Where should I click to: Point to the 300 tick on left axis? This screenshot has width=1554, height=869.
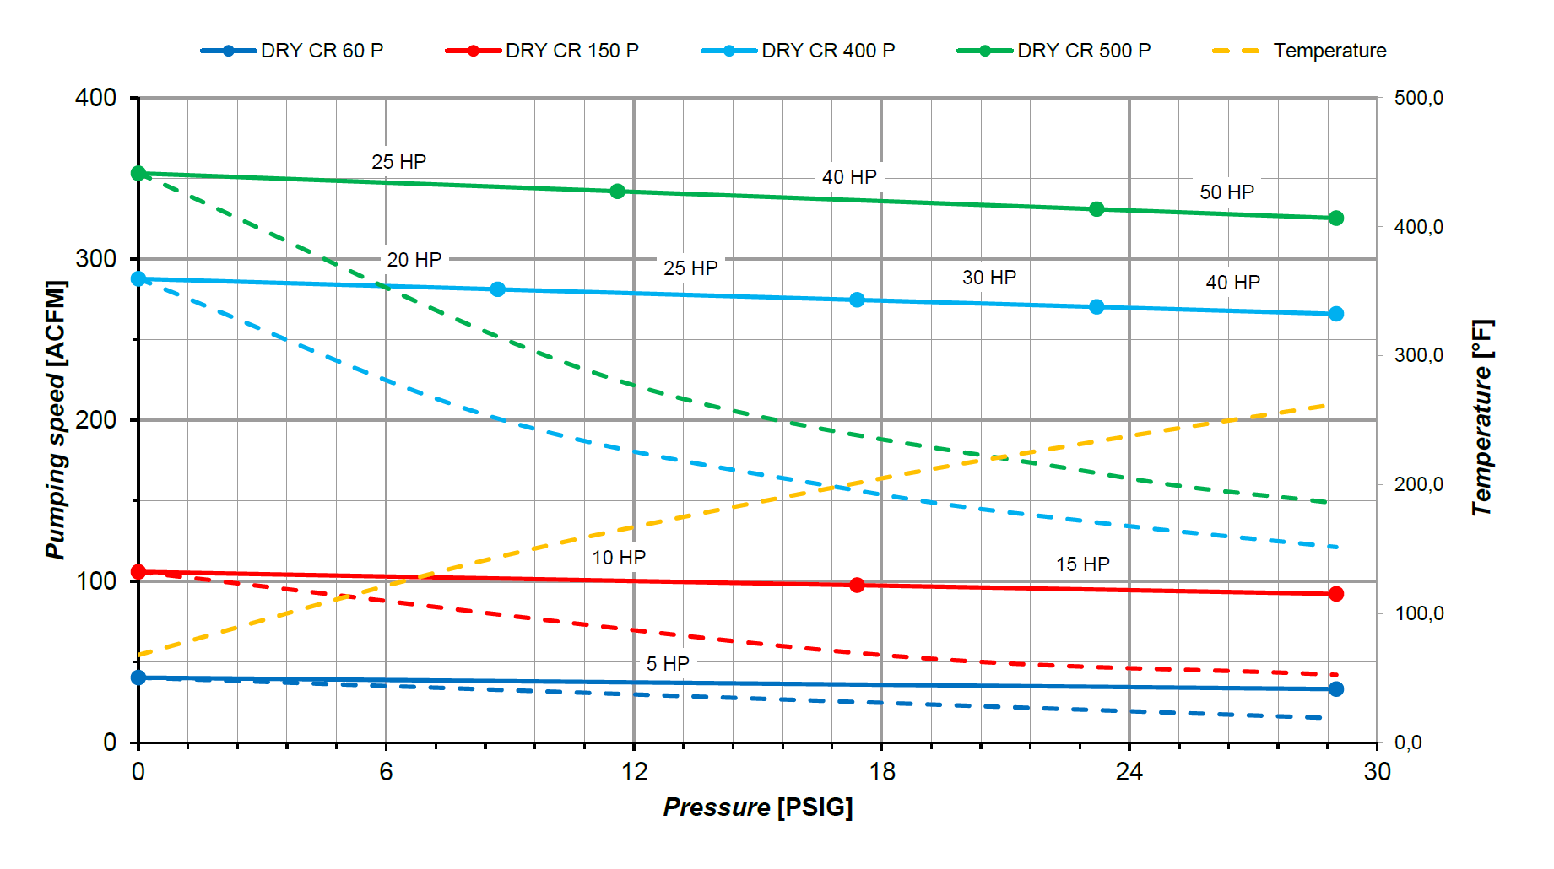(x=95, y=259)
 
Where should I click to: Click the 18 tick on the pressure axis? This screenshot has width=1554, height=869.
(x=881, y=771)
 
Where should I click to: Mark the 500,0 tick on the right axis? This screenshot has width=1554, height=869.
(x=1418, y=98)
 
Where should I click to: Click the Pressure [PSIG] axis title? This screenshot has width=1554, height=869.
(x=757, y=807)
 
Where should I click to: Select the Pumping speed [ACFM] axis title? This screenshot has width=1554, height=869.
(x=56, y=419)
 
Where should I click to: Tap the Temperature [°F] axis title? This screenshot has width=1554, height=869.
(x=1482, y=418)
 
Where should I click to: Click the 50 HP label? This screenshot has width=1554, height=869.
(x=1226, y=192)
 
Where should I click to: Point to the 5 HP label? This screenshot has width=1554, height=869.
(x=668, y=664)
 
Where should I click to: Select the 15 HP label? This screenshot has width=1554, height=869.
(x=1082, y=564)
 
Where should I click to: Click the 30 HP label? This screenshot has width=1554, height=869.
(x=988, y=278)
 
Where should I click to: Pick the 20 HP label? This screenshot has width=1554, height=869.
(x=414, y=260)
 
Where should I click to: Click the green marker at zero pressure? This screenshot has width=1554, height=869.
(x=138, y=174)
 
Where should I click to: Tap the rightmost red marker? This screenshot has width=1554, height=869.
(x=1335, y=594)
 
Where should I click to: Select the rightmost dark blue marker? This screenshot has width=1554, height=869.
(x=1335, y=689)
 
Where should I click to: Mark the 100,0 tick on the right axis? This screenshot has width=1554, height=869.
(x=1418, y=613)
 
